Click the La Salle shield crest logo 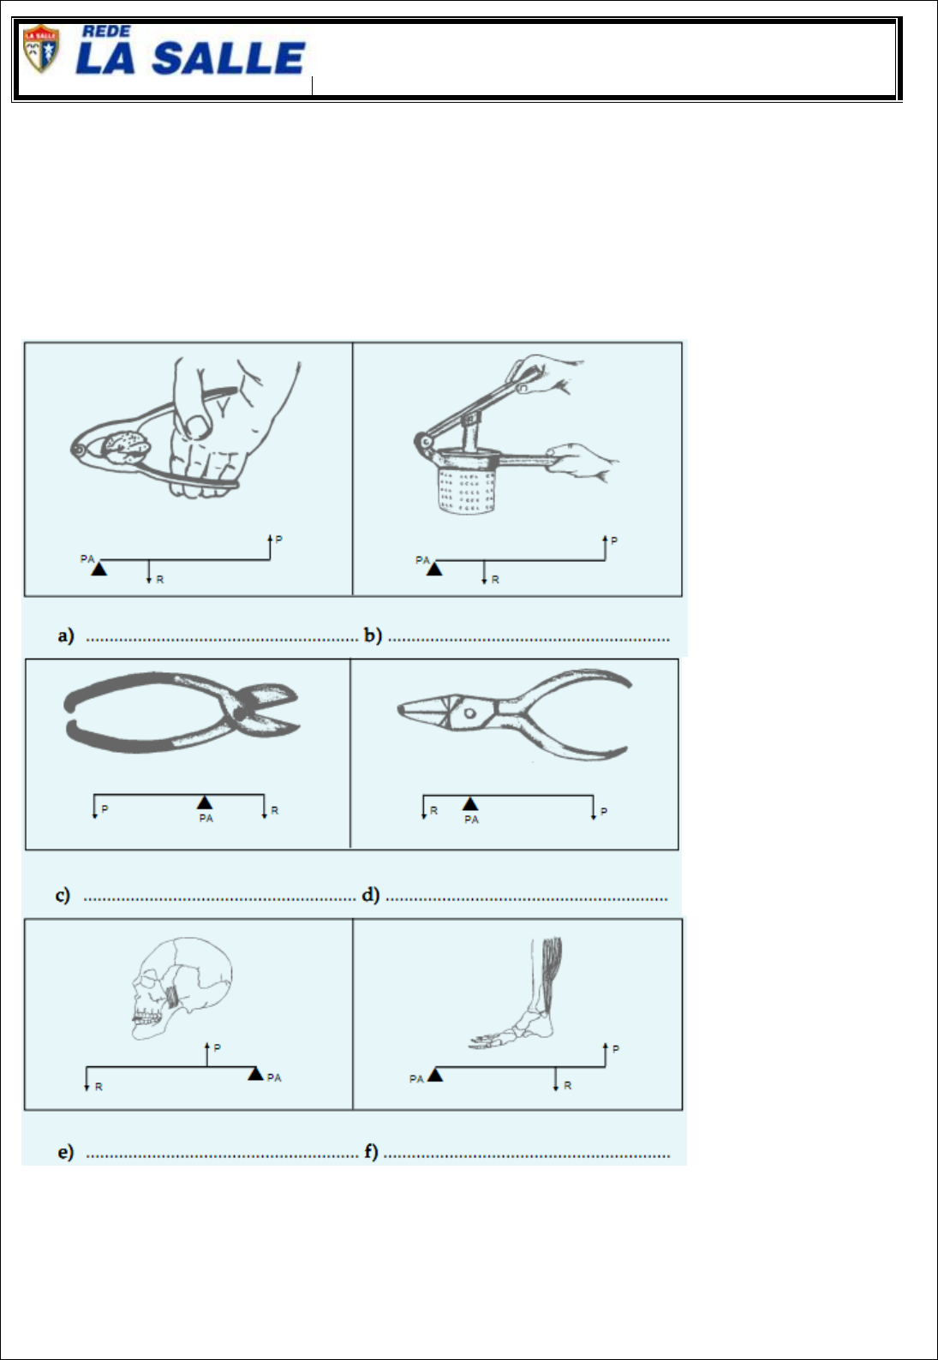[x=40, y=49]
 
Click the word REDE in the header [x=107, y=32]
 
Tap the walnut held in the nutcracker [x=126, y=448]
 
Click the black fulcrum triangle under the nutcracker [x=99, y=569]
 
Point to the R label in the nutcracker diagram [x=160, y=580]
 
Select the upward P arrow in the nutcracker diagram [x=270, y=547]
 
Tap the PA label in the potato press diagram [x=422, y=560]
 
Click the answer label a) [x=66, y=635]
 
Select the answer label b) [x=373, y=635]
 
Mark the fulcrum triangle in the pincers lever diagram [x=205, y=802]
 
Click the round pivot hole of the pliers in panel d [x=469, y=713]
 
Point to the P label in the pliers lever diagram [x=603, y=811]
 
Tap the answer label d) [x=370, y=895]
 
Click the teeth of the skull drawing [x=147, y=1016]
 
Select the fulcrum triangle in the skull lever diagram [x=255, y=1073]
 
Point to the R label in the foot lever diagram [x=568, y=1086]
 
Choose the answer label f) [x=371, y=1152]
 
